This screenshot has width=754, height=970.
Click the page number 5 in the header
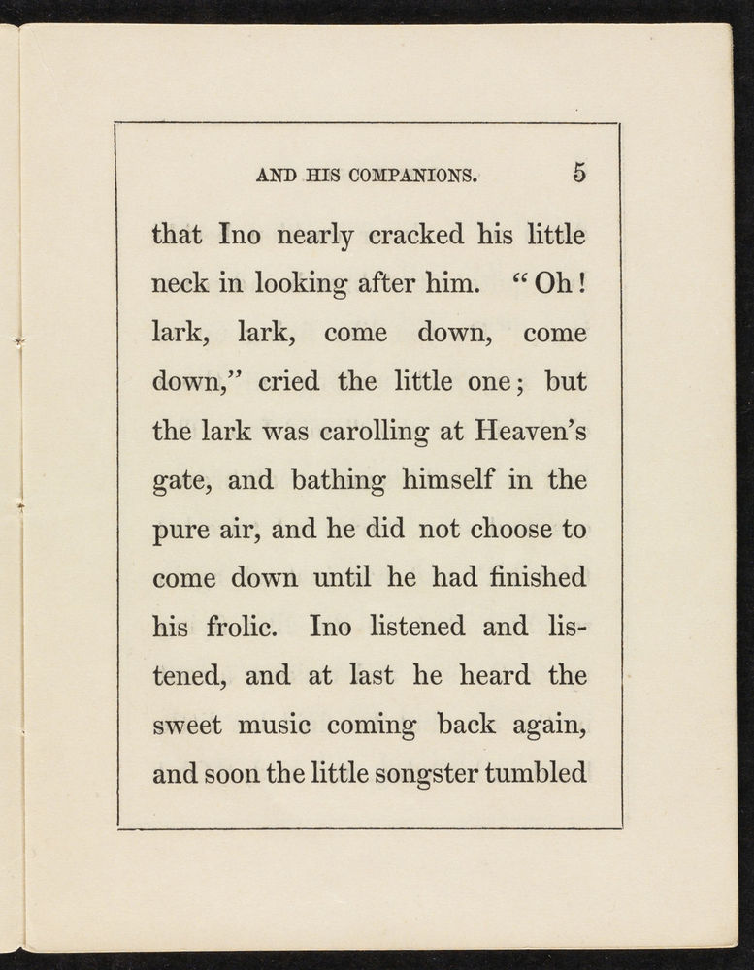coord(579,173)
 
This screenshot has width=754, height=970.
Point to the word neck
coord(179,284)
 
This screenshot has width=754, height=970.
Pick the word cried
coord(288,381)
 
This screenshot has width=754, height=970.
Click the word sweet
coord(187,726)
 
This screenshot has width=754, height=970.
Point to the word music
coord(289,726)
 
